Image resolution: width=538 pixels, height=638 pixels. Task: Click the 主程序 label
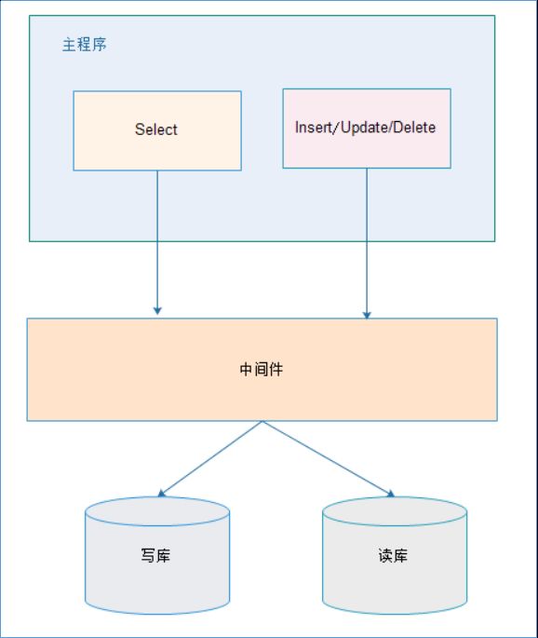coord(84,45)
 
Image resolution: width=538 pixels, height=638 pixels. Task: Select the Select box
coord(157,130)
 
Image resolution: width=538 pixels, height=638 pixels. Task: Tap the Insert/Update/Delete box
coord(367,129)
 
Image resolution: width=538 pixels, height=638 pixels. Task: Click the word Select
coord(156,129)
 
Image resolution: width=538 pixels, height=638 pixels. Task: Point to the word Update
coord(364,128)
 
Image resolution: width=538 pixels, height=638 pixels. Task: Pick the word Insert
coord(314,128)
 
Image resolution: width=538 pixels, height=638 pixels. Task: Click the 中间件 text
coord(262,369)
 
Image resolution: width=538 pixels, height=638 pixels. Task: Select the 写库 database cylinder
coord(157,555)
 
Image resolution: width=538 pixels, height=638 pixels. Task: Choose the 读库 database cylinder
coord(395,555)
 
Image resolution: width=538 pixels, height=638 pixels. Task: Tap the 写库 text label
coord(155,555)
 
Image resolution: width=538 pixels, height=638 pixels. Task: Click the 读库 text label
coord(393,555)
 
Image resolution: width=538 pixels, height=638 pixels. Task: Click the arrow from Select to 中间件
coord(157,242)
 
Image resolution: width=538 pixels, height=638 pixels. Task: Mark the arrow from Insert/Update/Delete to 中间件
coord(367,243)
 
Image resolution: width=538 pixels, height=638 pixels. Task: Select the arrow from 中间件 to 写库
coord(209,459)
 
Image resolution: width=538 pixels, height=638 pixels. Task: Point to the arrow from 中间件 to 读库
coord(329,459)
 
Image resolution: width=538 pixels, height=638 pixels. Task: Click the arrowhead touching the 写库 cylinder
coord(161,494)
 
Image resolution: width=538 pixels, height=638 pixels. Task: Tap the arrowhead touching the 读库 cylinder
coord(391,494)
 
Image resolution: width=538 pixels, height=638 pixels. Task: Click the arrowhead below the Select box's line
coord(157,310)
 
